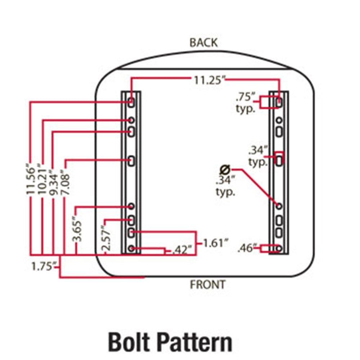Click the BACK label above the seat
(203, 42)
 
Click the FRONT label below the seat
(208, 285)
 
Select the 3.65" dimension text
(77, 228)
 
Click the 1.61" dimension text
(215, 243)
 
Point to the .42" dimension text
(182, 249)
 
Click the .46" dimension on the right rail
(247, 248)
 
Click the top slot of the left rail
(131, 102)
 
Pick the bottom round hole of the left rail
(131, 248)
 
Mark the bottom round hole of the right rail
(279, 248)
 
